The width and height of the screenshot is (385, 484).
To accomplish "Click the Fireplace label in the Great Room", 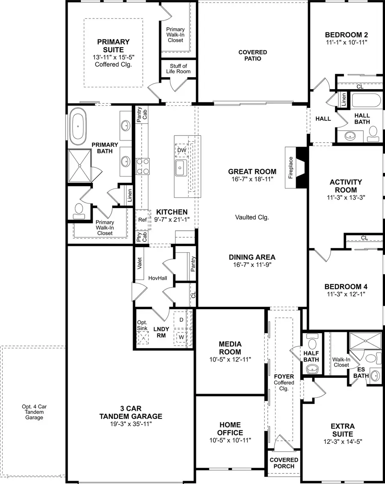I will click(x=291, y=167).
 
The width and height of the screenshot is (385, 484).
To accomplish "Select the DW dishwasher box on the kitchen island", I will click(x=181, y=150).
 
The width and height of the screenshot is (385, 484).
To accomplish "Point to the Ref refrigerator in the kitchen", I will click(x=142, y=220).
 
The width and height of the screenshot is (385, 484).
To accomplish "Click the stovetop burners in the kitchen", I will click(x=142, y=166).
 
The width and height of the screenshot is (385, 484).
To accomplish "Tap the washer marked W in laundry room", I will click(x=181, y=337).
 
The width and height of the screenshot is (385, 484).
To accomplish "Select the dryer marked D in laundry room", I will click(x=181, y=320).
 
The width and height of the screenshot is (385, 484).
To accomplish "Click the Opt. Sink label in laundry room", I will click(x=142, y=325).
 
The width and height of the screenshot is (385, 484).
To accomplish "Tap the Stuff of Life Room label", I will click(x=178, y=69).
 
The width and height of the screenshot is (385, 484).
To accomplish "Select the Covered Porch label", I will click(x=284, y=463).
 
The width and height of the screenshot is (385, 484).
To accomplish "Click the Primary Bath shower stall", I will click(x=80, y=166).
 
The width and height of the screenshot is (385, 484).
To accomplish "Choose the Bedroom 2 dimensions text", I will click(x=346, y=42).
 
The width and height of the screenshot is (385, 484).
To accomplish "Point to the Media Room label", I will click(x=230, y=348).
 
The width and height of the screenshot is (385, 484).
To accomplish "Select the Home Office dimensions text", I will click(x=230, y=440).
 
